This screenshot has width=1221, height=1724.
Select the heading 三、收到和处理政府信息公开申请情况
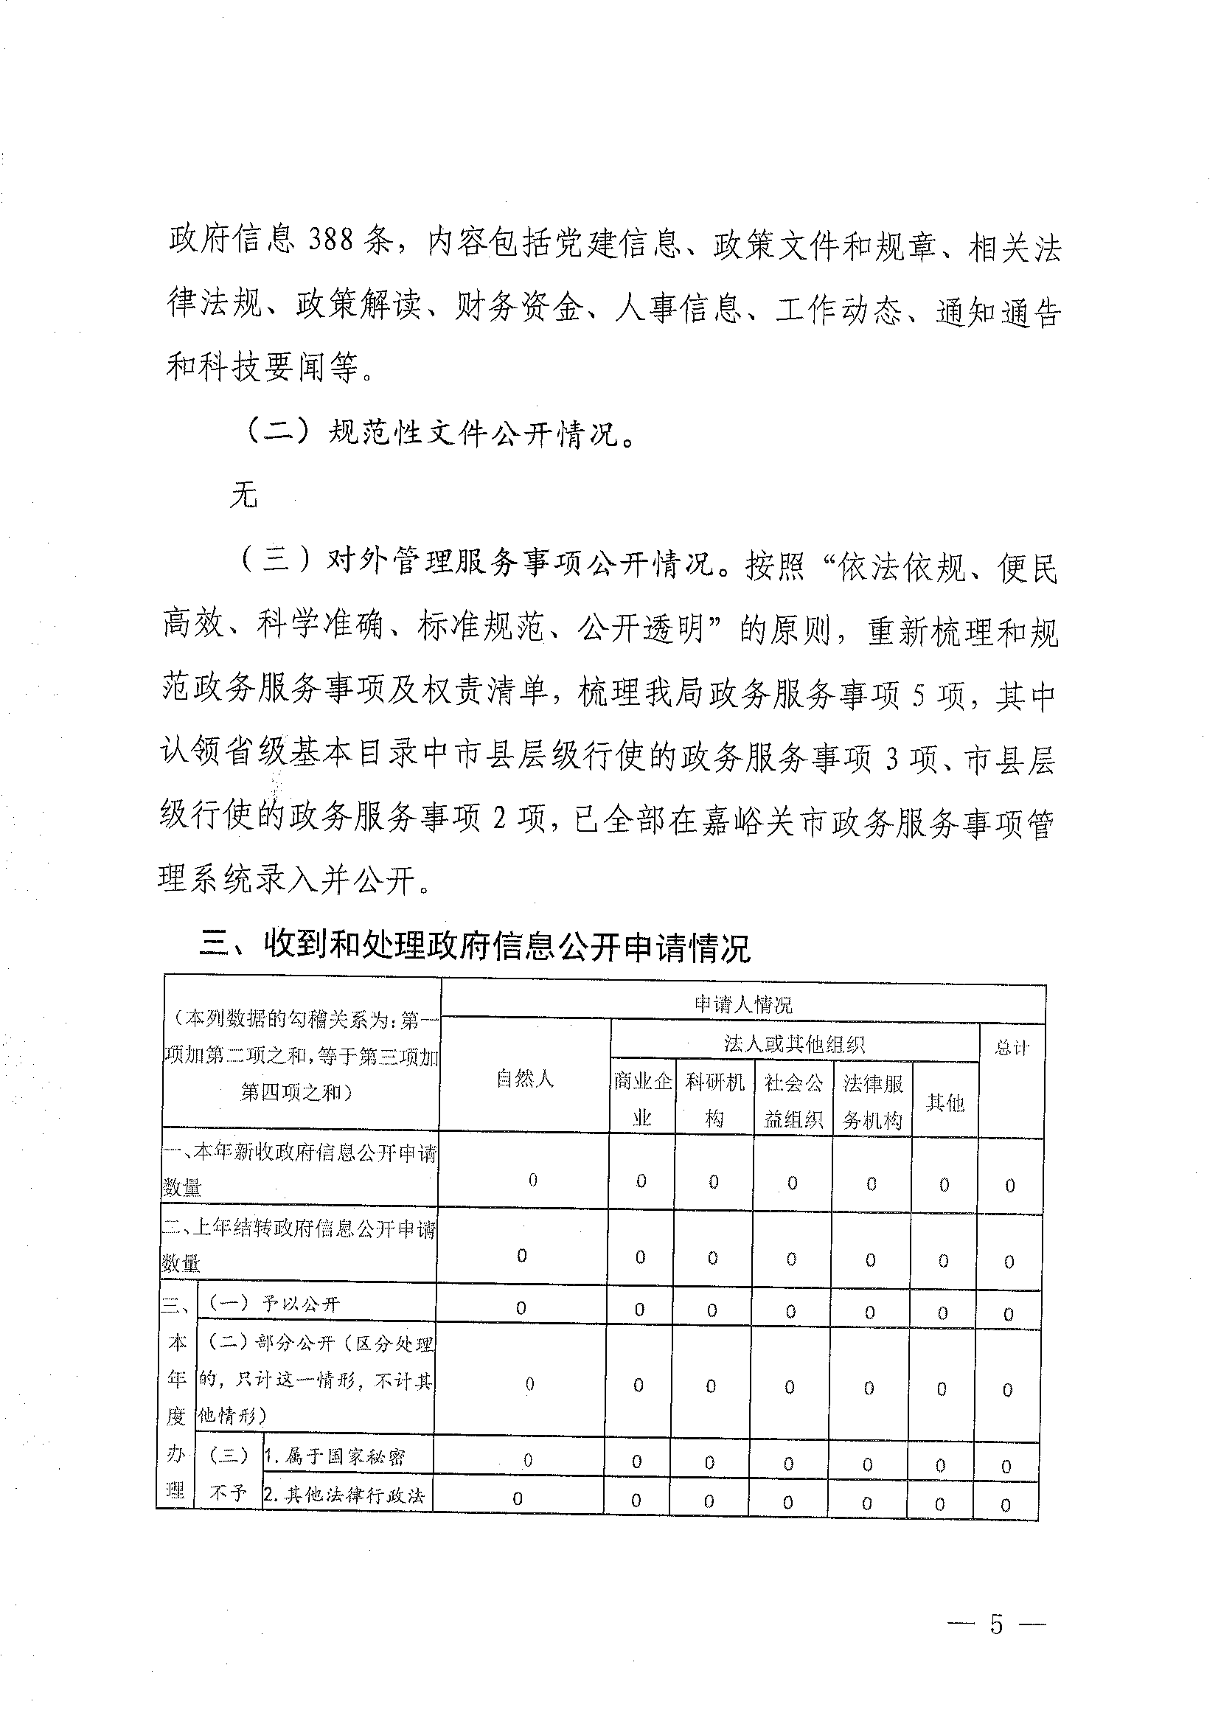(474, 948)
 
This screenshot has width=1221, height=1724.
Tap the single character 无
(244, 496)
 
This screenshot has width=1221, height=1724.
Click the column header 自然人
(525, 1079)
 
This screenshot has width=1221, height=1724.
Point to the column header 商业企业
(642, 1100)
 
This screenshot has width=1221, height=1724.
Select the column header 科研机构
(714, 1100)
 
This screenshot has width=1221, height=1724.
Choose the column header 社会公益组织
(793, 1101)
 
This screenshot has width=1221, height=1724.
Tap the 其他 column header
(945, 1103)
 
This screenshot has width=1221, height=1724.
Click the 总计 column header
(1012, 1047)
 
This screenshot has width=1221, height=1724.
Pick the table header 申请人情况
(742, 1004)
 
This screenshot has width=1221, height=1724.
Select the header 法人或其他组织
(794, 1043)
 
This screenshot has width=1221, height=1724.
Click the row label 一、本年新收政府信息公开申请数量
(300, 1170)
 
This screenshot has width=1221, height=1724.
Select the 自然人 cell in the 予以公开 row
(521, 1308)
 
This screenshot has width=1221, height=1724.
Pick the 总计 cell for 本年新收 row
(1009, 1186)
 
